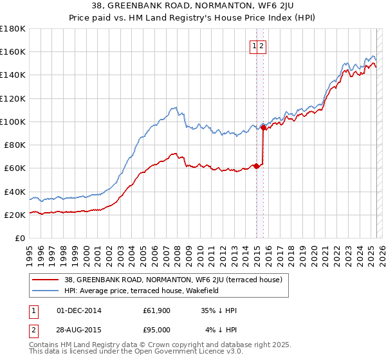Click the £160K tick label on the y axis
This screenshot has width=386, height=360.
tap(13, 51)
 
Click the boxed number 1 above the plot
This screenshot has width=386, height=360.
tap(255, 46)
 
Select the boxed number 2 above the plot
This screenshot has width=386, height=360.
tap(263, 46)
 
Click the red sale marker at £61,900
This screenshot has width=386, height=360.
tap(256, 166)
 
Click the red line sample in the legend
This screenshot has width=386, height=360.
tap(46, 280)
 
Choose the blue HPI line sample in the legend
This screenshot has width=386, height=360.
tap(46, 291)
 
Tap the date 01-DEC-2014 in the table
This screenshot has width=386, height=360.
tap(79, 310)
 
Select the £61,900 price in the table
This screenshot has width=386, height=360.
tap(156, 310)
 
